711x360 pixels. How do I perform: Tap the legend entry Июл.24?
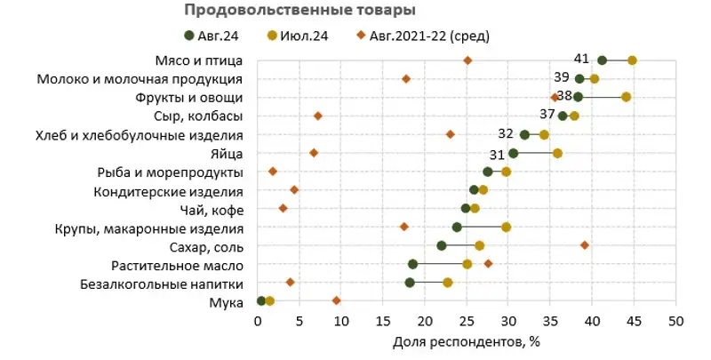pos(300,36)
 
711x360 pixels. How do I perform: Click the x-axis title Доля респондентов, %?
pos(466,340)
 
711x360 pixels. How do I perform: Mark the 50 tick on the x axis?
pos(676,320)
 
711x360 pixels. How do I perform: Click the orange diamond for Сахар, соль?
pos(585,244)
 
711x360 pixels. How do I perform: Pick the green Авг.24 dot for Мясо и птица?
pos(603,60)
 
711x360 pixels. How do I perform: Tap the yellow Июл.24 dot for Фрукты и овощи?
pos(627,97)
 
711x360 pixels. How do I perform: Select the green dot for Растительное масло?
pos(413,264)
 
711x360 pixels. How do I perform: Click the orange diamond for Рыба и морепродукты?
pos(273,172)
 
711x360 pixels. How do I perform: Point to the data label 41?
pos(582,59)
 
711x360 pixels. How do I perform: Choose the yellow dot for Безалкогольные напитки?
pos(448,283)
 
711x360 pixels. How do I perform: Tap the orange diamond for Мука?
pos(337,300)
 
